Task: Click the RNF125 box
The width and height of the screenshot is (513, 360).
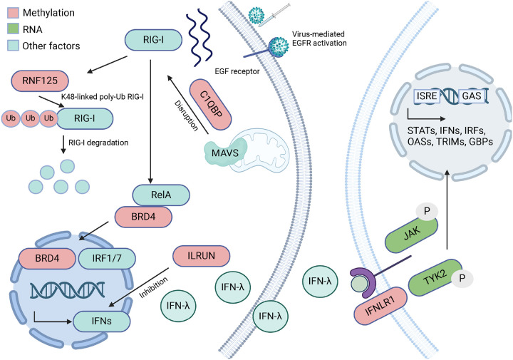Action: point(40,81)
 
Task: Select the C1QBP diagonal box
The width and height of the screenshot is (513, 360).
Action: point(211,104)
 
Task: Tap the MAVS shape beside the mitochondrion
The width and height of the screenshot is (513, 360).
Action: point(225,152)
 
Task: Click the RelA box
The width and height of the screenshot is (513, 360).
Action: point(161,195)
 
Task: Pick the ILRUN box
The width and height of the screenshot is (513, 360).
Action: point(201,256)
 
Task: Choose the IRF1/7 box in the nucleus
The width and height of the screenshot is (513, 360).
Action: point(107,258)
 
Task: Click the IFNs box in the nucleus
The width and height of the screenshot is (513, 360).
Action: point(101,321)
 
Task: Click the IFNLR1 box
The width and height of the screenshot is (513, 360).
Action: point(380,306)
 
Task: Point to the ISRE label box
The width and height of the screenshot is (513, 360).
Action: point(427,96)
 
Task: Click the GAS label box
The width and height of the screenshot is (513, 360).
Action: point(471,96)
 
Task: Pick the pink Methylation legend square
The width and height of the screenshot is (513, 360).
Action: point(13,13)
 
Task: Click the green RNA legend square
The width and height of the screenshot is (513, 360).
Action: point(13,29)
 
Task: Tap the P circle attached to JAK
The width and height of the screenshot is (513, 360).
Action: point(427,211)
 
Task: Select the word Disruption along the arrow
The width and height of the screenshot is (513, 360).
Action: point(187,116)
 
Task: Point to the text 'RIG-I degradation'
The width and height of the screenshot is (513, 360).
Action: point(98,143)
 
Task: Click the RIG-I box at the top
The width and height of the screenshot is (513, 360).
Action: point(153,40)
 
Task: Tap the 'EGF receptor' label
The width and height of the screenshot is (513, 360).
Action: point(237,71)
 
